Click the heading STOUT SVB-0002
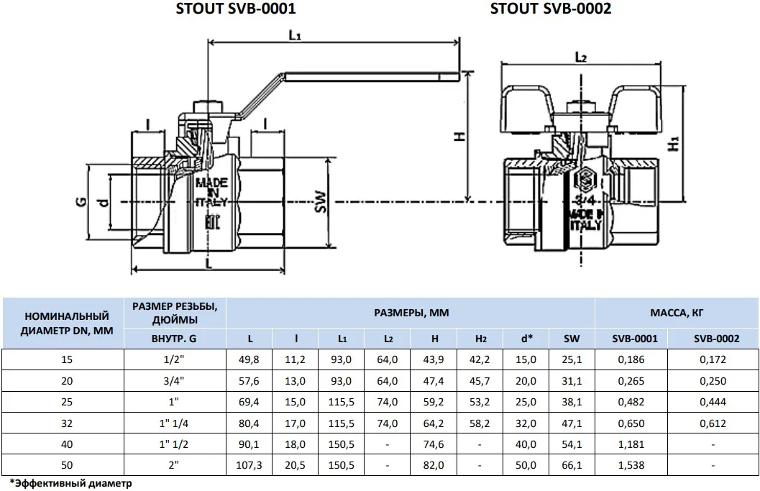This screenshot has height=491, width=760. pyautogui.click(x=551, y=9)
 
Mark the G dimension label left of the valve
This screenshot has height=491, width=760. pyautogui.click(x=81, y=201)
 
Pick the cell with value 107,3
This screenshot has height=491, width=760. pyautogui.click(x=249, y=465)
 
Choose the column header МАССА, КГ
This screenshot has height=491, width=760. pyautogui.click(x=676, y=313)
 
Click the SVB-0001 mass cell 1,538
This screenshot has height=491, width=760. pyautogui.click(x=631, y=465)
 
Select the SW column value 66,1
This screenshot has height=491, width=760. pyautogui.click(x=572, y=465)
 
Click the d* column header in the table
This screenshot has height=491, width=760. pyautogui.click(x=525, y=338)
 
